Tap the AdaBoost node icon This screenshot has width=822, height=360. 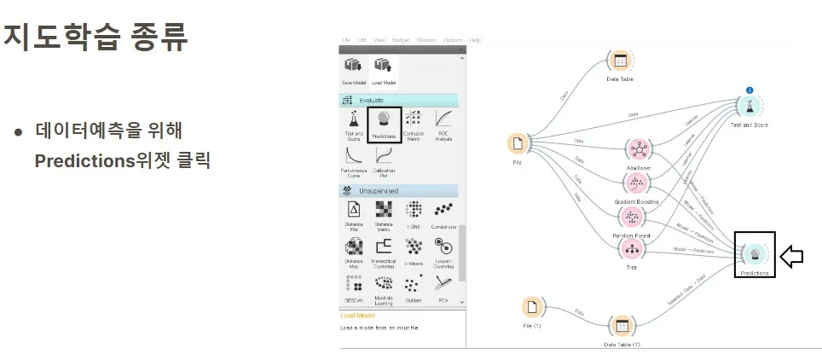point(638,149)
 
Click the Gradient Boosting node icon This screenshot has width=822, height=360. point(635,183)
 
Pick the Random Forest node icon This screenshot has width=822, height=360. point(632,217)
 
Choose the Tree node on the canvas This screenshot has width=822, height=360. point(632,249)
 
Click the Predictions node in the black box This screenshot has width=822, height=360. point(755,253)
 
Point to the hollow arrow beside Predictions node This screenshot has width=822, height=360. point(792,257)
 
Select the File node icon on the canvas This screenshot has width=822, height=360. point(518,143)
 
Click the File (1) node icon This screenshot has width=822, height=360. point(532,307)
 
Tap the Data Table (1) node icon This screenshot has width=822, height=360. point(622,326)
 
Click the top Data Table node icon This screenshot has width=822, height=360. point(620,61)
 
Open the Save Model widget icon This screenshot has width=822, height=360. point(353,67)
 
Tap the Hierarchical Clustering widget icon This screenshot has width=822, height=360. point(384,247)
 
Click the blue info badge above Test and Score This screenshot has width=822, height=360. point(750,90)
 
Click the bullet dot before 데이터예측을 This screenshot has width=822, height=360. point(18,132)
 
